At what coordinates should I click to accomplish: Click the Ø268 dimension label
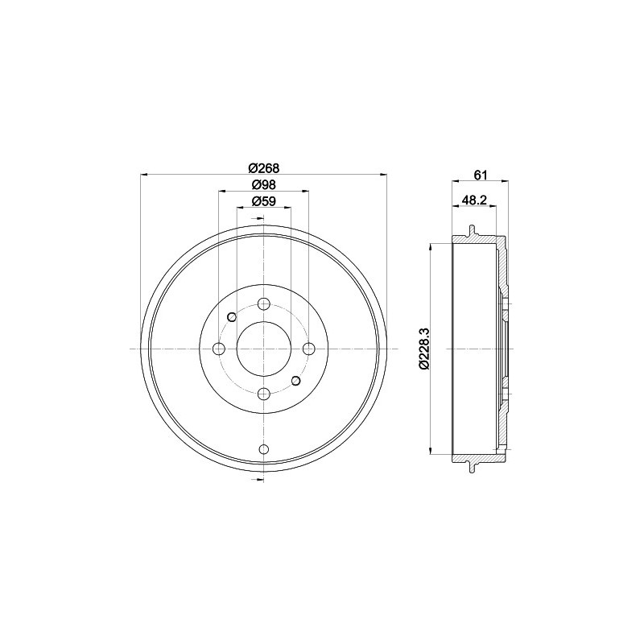pos(263,167)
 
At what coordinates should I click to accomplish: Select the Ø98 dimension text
pos(263,184)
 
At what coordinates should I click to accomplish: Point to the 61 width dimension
pos(481,175)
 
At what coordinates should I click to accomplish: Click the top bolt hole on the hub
pos(263,303)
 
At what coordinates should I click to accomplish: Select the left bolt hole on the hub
pos(218,349)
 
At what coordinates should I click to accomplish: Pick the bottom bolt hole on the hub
pos(263,394)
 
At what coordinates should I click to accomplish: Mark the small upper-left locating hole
pos(231,316)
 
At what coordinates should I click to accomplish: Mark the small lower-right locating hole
pos(295,380)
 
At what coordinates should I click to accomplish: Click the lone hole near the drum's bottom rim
pos(263,449)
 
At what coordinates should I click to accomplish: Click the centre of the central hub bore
pos(263,349)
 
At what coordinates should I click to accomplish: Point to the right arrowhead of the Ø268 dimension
pos(382,174)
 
